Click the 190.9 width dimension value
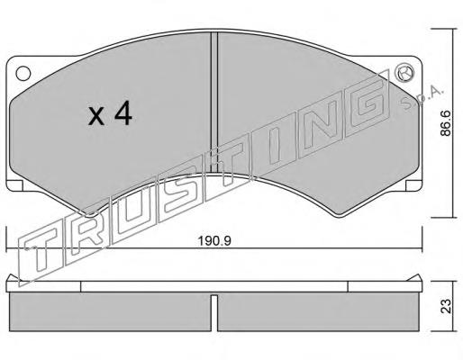(x=214, y=241)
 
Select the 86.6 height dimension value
(x=446, y=123)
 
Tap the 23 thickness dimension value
(x=447, y=306)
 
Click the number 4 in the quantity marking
(x=123, y=112)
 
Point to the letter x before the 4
(x=96, y=117)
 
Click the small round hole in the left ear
(x=23, y=73)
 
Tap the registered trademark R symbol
(x=405, y=73)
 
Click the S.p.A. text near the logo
(x=422, y=98)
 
